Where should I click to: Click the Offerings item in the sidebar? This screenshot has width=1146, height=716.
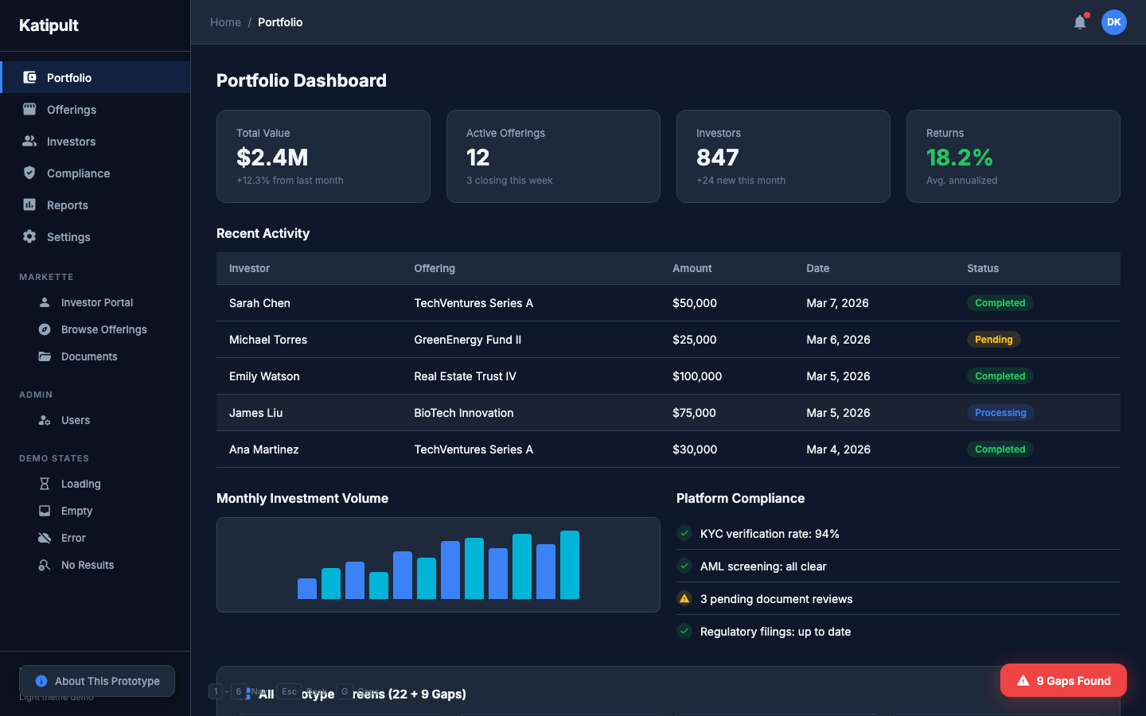point(71,110)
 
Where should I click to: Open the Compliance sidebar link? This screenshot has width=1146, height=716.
point(78,173)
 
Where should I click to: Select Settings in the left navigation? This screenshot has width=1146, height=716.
point(68,237)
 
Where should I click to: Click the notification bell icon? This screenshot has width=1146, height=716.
point(1079,22)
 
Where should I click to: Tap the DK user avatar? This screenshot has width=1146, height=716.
point(1113,22)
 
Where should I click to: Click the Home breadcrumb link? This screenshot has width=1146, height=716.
point(225,22)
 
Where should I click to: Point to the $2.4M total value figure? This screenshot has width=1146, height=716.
point(272,158)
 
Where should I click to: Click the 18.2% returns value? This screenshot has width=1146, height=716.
point(959,158)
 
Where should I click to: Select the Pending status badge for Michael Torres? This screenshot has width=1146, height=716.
point(993,340)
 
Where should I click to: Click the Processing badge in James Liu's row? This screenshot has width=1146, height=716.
point(1000,413)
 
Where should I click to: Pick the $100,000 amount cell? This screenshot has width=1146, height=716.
point(696,376)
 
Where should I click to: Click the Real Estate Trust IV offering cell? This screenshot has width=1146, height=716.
point(465,376)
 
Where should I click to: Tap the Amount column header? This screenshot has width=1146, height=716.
point(692,269)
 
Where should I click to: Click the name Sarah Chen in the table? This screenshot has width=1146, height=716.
point(259,303)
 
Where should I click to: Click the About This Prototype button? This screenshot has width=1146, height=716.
point(97,681)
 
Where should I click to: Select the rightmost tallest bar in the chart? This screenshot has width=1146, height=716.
point(569,565)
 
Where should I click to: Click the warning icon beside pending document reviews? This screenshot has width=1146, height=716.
point(684,599)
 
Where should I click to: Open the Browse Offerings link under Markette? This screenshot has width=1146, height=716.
point(103,329)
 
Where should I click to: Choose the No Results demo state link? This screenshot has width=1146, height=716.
point(88,565)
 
